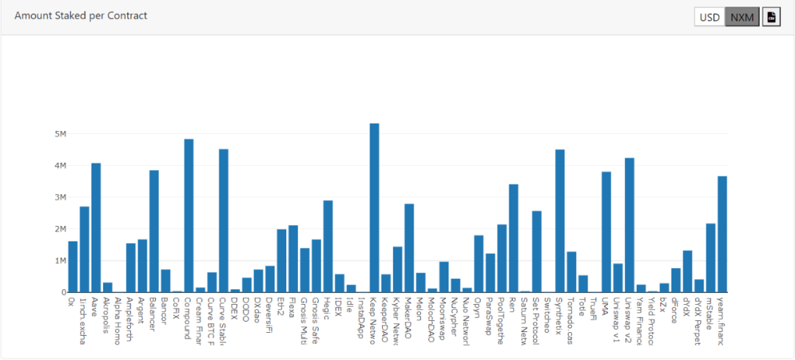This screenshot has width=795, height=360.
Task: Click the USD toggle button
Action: point(709,17)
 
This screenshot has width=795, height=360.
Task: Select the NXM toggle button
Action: point(741,17)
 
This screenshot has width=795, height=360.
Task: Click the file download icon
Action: point(771,17)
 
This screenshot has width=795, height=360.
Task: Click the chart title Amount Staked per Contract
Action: point(81,15)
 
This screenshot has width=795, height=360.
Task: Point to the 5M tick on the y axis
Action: point(60,134)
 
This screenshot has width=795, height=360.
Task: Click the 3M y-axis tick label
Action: point(60,197)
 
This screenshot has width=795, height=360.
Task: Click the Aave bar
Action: point(96,227)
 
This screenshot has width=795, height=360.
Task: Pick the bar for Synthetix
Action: point(559,221)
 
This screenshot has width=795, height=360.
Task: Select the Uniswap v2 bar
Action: point(629,225)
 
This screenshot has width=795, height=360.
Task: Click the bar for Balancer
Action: point(154,231)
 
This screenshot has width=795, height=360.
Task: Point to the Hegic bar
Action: point(328,246)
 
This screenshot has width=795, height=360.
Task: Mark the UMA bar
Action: point(606,232)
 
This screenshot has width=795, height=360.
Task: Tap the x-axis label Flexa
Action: point(293,309)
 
